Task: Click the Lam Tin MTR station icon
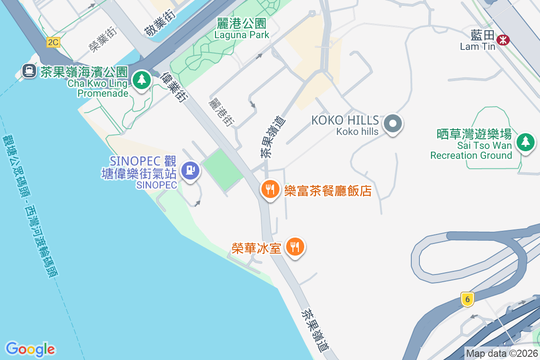click(503, 40)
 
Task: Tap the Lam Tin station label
click(477, 40)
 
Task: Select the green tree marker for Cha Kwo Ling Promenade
click(142, 81)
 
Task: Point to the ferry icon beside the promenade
click(29, 71)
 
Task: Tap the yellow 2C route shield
click(53, 42)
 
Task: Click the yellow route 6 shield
click(468, 299)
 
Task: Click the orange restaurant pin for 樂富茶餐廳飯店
click(270, 189)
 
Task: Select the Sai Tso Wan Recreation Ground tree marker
click(525, 142)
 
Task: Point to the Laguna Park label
click(242, 29)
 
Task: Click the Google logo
click(30, 349)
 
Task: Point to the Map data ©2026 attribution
click(502, 353)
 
